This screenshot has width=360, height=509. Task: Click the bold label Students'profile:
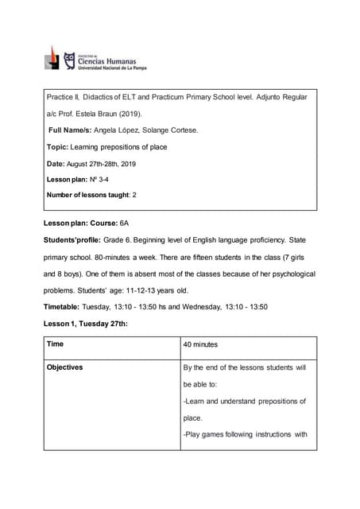(x=76, y=239)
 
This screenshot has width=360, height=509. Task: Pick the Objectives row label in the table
(x=64, y=367)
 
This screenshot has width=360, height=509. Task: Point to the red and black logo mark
(x=52, y=58)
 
